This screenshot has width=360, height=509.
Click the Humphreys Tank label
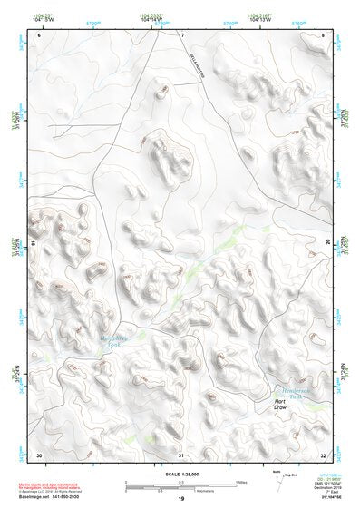coord(108,342)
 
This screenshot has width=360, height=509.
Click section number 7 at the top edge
coord(181,34)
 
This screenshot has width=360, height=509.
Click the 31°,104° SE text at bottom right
coord(322,498)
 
